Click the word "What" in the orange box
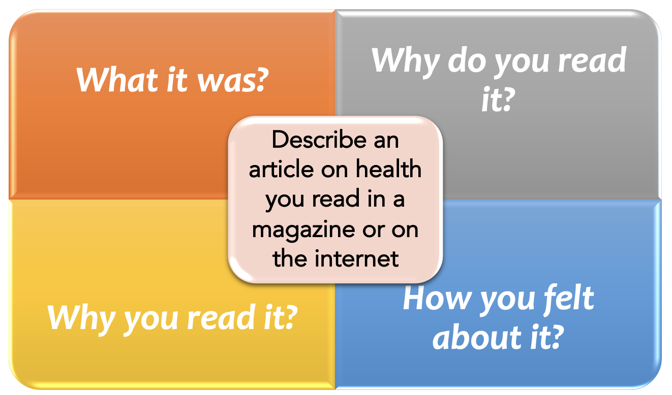pos(117,80)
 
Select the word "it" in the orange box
pos(177,80)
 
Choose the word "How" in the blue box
pos(437,298)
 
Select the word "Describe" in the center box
pos(320,140)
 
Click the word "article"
pos(281,169)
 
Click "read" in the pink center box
pos(335,199)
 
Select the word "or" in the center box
pos(373,231)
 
